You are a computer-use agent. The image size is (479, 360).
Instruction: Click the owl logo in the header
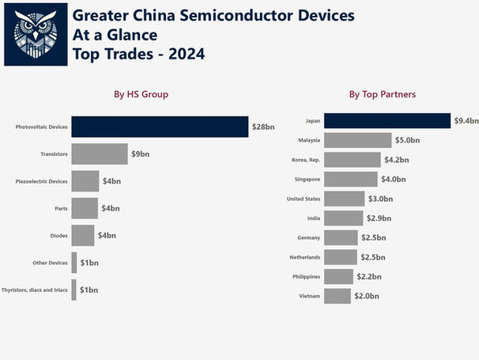(36, 34)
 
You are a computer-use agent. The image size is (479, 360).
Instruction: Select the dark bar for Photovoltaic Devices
(160, 127)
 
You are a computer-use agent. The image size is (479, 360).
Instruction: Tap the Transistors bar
(100, 154)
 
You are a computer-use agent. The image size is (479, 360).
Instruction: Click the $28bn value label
(263, 127)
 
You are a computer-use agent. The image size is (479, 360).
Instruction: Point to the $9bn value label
(141, 154)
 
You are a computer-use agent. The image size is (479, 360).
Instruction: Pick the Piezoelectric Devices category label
(42, 181)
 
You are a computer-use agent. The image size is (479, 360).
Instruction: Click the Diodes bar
(83, 236)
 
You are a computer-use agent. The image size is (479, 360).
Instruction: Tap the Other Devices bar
(74, 263)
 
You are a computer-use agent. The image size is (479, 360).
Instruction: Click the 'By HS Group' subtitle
(141, 95)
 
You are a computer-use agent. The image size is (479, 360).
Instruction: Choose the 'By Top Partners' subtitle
(383, 95)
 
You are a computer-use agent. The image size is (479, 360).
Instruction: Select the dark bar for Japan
(387, 120)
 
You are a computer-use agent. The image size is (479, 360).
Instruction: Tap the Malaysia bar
(358, 140)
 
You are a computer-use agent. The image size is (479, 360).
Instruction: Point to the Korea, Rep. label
(305, 160)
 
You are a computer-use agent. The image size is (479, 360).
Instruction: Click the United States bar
(345, 199)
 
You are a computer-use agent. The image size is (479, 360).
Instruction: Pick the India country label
(313, 218)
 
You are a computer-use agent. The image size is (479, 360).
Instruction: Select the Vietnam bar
(338, 296)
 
